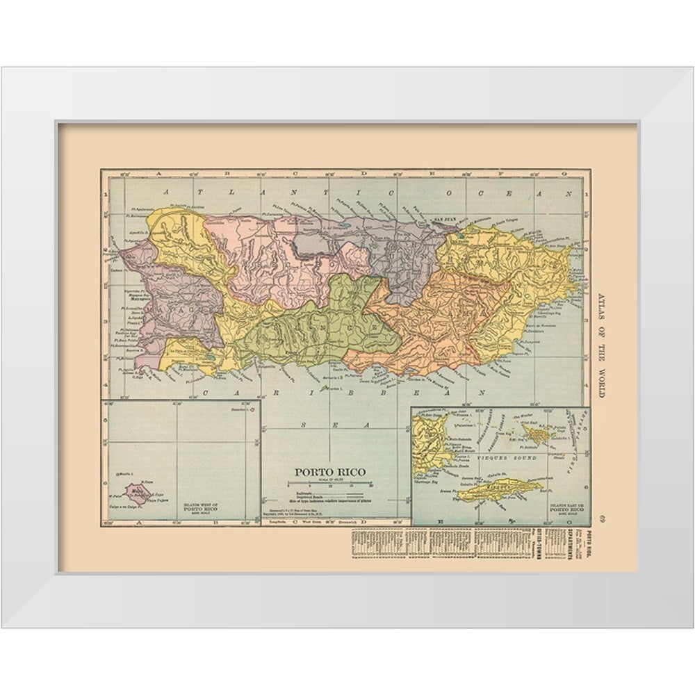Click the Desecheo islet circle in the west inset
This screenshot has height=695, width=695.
[x=251, y=410]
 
